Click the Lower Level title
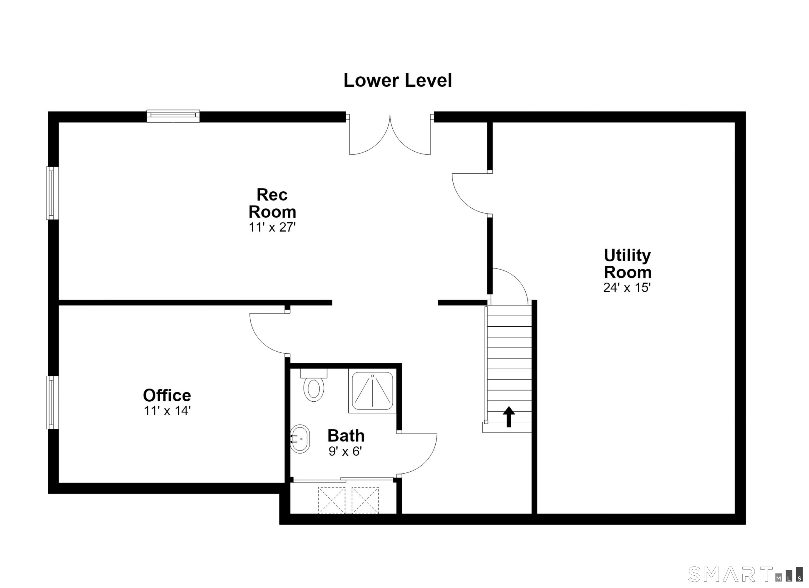pyautogui.click(x=397, y=80)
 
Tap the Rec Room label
pyautogui.click(x=272, y=203)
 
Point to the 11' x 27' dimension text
pyautogui.click(x=272, y=227)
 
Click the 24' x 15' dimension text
pyautogui.click(x=627, y=287)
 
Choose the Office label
pyautogui.click(x=167, y=395)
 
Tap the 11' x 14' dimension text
pyautogui.click(x=167, y=411)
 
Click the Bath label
pyautogui.click(x=346, y=436)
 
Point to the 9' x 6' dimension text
pyautogui.click(x=345, y=451)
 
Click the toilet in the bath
pyautogui.click(x=314, y=385)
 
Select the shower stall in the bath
pyautogui.click(x=372, y=391)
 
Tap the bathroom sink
pyautogui.click(x=300, y=439)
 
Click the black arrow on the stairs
pyautogui.click(x=509, y=416)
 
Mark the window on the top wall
pyautogui.click(x=173, y=116)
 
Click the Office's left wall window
pyautogui.click(x=52, y=403)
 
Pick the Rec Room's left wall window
pyautogui.click(x=52, y=193)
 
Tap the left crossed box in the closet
pyautogui.click(x=332, y=500)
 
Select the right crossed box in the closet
pyautogui.click(x=365, y=500)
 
